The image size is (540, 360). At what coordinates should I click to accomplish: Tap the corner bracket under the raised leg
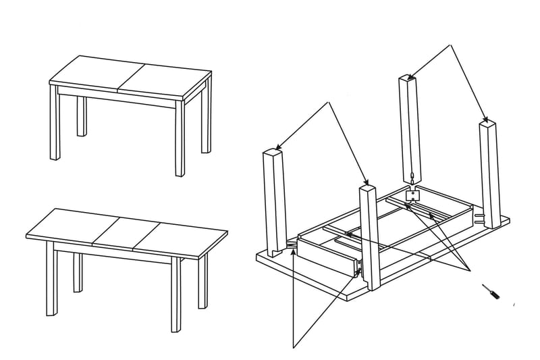coord(412,195)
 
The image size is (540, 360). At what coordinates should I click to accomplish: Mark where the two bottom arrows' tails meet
coord(294,346)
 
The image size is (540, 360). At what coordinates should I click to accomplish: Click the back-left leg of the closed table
coord(82,116)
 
